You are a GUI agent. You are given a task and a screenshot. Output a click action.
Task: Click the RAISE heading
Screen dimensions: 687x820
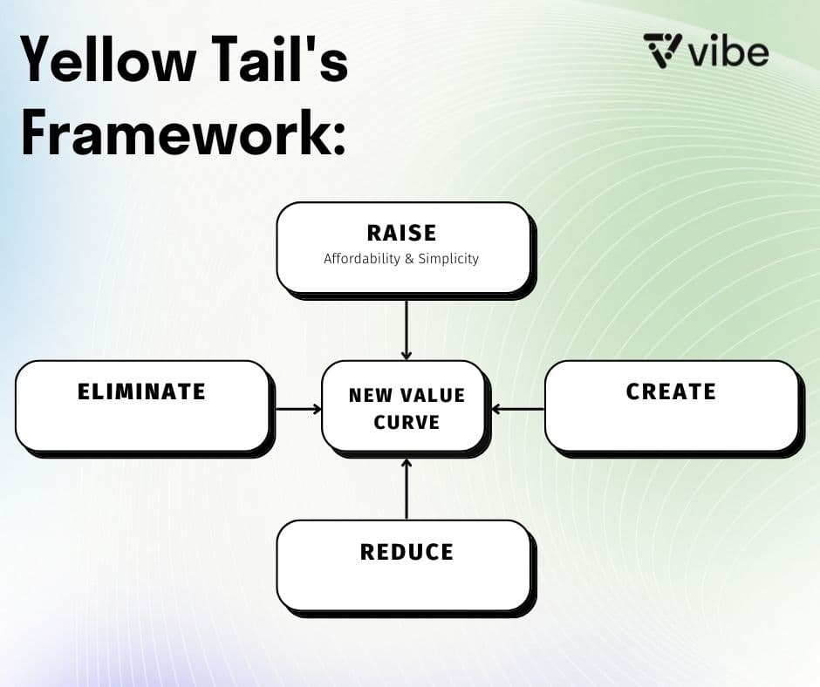pyautogui.click(x=401, y=233)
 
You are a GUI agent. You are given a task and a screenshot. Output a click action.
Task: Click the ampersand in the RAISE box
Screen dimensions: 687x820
pyautogui.click(x=406, y=259)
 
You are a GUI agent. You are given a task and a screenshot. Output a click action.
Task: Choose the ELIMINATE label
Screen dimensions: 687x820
pyautogui.click(x=141, y=391)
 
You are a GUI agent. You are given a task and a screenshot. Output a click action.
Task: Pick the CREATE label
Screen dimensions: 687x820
pyautogui.click(x=670, y=391)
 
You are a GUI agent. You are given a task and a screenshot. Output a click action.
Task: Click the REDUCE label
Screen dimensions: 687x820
pyautogui.click(x=407, y=552)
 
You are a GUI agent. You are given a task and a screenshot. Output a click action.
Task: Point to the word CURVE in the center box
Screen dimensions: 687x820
pyautogui.click(x=407, y=422)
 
